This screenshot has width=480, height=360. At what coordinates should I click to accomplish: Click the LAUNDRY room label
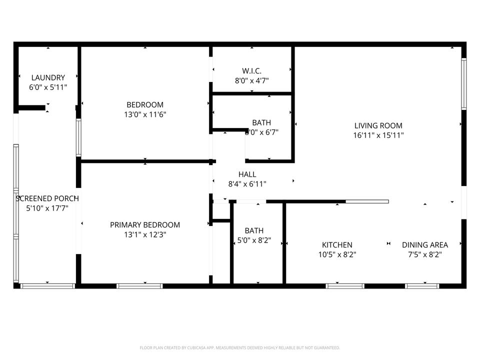(x=48, y=77)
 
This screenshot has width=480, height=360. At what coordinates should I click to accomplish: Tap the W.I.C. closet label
(x=251, y=71)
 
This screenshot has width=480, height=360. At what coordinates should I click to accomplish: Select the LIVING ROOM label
(x=378, y=125)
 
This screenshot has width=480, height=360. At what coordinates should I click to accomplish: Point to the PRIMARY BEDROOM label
(x=145, y=225)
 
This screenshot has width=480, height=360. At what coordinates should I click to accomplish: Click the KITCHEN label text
(x=337, y=245)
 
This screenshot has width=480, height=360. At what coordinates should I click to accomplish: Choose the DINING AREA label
(x=425, y=245)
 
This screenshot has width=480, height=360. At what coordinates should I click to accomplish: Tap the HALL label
(x=247, y=174)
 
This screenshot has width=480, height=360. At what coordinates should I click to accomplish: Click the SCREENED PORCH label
(x=47, y=198)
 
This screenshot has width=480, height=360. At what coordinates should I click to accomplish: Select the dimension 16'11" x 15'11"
(x=378, y=135)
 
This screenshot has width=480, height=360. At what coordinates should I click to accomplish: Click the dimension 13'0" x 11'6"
(x=145, y=114)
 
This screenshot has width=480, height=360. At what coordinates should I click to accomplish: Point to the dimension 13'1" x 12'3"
(x=145, y=234)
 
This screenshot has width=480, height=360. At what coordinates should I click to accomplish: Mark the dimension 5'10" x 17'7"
(x=47, y=208)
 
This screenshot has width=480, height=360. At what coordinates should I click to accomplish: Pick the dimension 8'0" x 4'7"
(x=251, y=80)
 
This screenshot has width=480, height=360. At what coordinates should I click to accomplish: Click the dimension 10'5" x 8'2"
(x=337, y=254)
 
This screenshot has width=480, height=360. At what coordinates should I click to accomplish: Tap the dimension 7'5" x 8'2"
(x=425, y=254)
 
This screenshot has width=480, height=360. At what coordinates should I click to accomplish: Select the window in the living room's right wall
(x=463, y=84)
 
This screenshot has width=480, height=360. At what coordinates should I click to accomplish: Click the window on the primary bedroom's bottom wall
(x=139, y=286)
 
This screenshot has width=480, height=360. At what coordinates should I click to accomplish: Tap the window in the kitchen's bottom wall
(x=345, y=286)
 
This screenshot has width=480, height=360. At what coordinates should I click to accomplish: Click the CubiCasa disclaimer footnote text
(x=240, y=347)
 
